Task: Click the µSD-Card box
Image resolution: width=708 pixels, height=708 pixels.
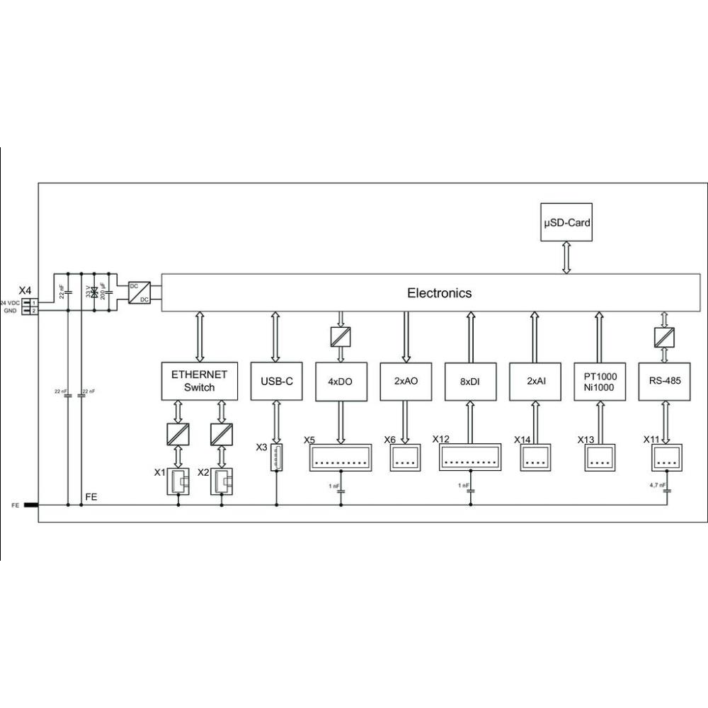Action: point(566,222)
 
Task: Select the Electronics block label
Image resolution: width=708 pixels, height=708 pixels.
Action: point(439,292)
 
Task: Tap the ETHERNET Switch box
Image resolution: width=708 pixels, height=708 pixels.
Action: point(199,381)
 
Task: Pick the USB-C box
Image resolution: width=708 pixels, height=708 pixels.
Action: point(276,381)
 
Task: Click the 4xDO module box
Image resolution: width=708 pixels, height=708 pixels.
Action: point(341,381)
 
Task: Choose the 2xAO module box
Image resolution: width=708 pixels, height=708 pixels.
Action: point(405,381)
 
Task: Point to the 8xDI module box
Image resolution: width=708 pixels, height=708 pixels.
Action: point(469,381)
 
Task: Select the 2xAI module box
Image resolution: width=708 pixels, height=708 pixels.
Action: point(534,381)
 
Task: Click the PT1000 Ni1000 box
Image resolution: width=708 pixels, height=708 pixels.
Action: point(599,381)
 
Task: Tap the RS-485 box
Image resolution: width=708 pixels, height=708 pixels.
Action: point(663,381)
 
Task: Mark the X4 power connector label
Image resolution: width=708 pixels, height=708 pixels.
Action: point(25,291)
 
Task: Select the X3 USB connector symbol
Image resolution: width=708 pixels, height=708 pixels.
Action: point(276,458)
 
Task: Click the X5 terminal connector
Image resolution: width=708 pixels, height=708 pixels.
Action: point(340,457)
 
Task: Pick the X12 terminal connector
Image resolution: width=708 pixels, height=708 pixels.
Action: point(469,457)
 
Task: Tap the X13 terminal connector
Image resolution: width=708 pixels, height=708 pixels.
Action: point(599,457)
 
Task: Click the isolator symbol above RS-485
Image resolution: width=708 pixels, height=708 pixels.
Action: point(663,336)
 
